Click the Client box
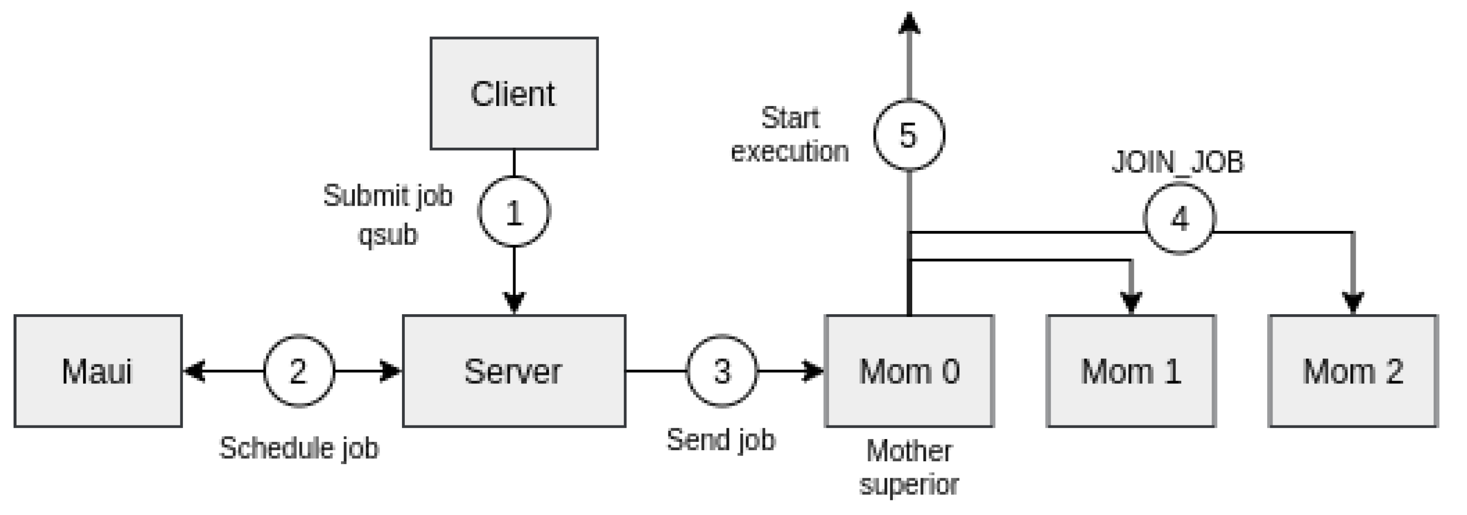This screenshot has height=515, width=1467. pos(514,94)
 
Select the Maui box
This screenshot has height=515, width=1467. pos(98,371)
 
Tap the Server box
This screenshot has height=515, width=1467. pos(514,371)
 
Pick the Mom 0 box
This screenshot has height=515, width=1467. pos(909,371)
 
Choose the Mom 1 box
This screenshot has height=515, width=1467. pos(1131,371)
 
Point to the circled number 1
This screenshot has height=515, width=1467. pos(514,212)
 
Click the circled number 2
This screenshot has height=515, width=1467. pos(299,371)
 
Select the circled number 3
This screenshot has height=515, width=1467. pos(722,371)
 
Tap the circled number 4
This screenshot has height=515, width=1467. pos(1179,219)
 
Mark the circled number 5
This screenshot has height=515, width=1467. pos(909,135)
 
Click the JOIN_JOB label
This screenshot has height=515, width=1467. pos(1178,162)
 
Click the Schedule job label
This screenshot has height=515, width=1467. pos(299,448)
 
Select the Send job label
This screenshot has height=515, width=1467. pos(721,440)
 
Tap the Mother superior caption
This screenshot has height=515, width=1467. pos(909,467)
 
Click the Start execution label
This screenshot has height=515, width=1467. pos(790,135)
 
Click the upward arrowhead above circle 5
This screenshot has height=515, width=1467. pos(909,23)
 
